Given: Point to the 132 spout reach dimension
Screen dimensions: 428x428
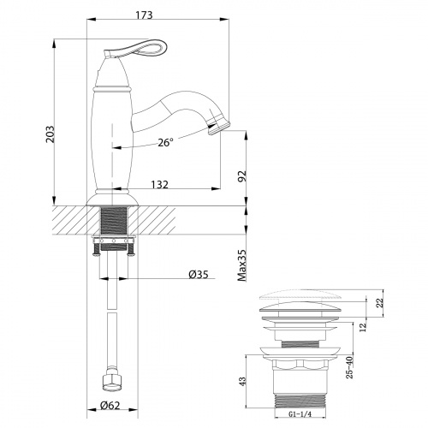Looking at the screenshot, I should coord(160,184).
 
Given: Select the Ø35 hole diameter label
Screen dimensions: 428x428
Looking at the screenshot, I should coord(199,275).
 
